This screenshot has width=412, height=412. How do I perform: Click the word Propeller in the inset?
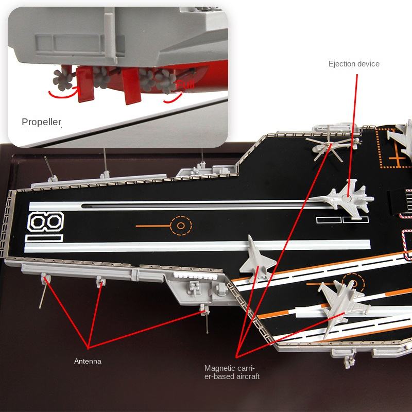41,122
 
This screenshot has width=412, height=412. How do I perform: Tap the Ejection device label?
354,64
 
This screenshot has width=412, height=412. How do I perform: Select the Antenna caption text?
88,361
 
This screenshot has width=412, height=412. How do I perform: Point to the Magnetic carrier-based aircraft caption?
232,372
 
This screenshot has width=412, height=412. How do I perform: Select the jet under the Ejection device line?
347,197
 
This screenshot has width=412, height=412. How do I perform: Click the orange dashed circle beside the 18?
181,226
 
